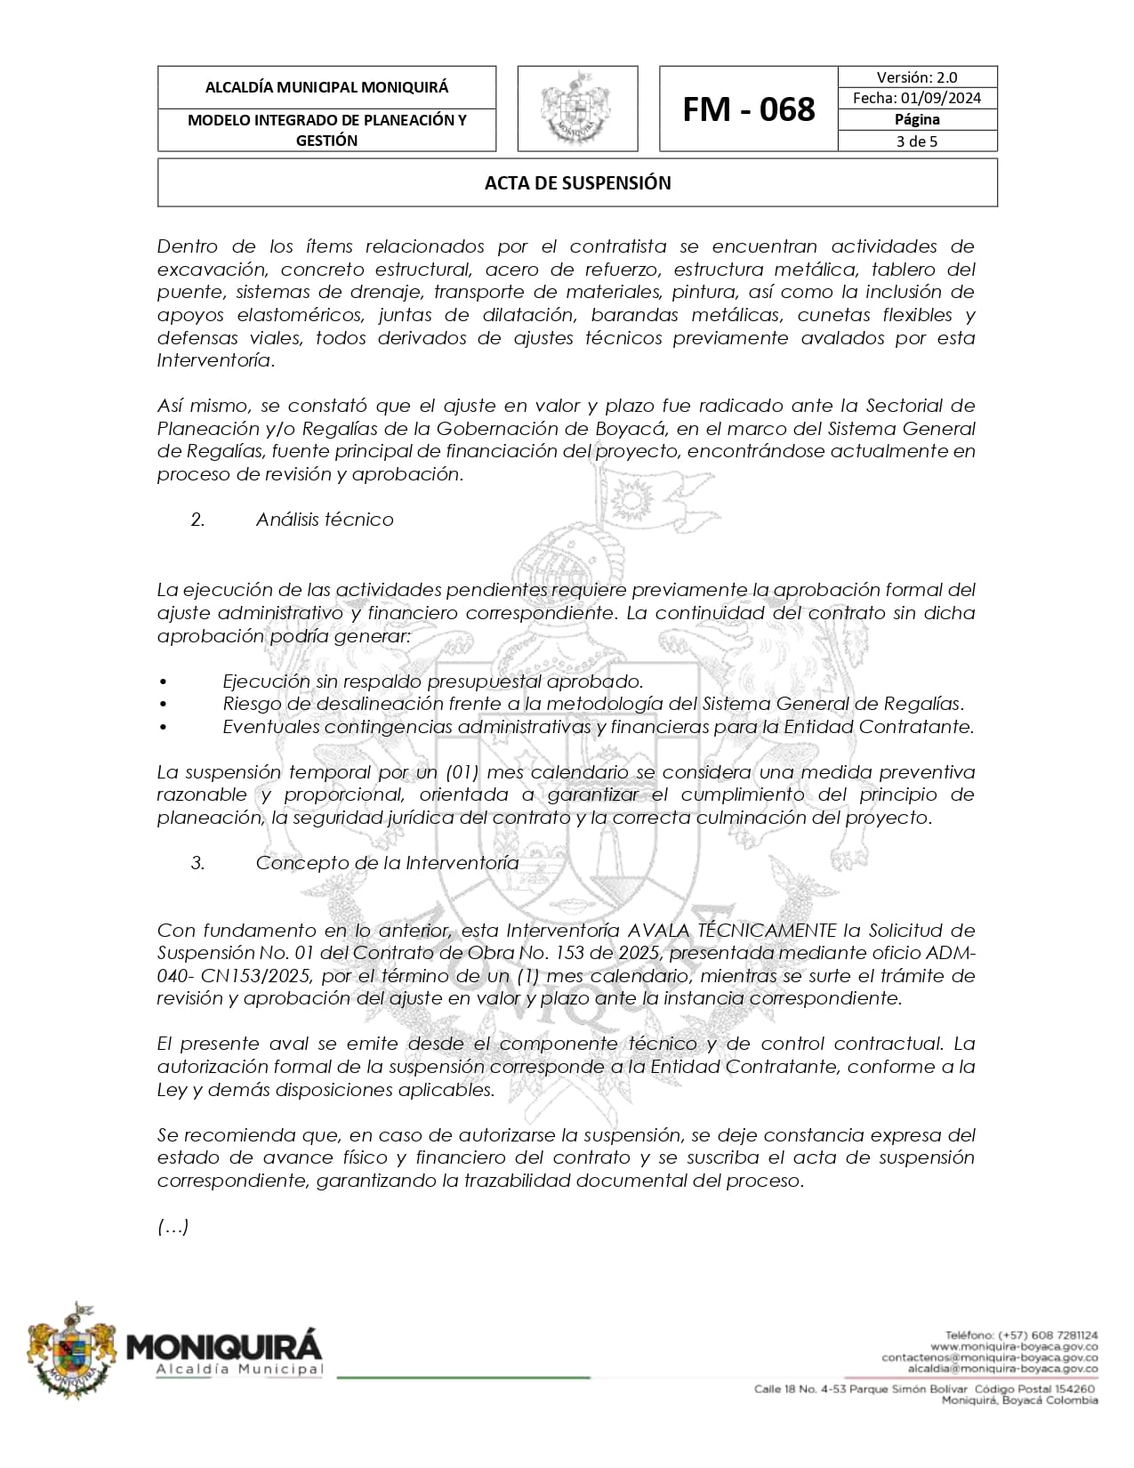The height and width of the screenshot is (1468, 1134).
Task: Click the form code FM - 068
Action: (748, 109)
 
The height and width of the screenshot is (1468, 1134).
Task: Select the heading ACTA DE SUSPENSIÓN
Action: (577, 183)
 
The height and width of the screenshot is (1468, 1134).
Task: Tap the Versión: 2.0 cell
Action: (917, 77)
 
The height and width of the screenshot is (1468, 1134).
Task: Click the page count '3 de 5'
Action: (917, 141)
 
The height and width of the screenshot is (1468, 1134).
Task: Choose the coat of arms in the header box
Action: (577, 109)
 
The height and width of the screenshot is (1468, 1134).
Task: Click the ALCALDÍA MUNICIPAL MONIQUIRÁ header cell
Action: (326, 87)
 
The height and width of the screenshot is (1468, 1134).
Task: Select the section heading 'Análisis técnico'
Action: (325, 520)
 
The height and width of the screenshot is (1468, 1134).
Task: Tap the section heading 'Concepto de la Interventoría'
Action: (387, 863)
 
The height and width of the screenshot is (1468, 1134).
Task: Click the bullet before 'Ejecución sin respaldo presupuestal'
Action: (163, 682)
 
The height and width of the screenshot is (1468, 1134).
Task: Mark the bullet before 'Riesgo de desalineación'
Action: (163, 705)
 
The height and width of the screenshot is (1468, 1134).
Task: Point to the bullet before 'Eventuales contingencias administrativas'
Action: (163, 727)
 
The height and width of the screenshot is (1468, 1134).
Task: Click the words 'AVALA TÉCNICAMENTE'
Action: (731, 931)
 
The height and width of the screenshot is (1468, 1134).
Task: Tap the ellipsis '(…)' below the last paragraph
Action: (173, 1228)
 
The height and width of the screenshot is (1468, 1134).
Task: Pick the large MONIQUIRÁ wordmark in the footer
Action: (224, 1345)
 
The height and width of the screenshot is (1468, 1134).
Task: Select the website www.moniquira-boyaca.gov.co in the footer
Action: (1014, 1347)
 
